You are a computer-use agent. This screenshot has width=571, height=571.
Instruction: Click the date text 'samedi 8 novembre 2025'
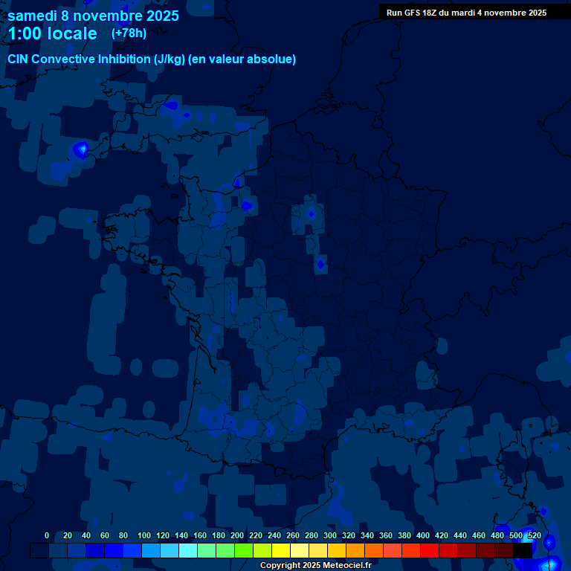tap(93, 16)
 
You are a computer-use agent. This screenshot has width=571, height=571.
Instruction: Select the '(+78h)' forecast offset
tap(129, 33)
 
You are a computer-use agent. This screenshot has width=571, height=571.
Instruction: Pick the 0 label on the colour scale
tap(47, 535)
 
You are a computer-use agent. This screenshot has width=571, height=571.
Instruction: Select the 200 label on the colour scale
tap(237, 535)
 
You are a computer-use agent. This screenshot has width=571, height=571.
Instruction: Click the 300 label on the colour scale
tap(330, 535)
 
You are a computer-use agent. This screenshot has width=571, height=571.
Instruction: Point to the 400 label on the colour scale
tap(423, 535)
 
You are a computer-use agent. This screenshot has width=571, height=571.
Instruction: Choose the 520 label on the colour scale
tap(534, 535)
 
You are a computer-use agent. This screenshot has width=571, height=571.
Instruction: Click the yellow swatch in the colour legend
tap(280, 550)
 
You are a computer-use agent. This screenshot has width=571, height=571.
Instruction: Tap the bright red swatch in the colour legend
tap(429, 550)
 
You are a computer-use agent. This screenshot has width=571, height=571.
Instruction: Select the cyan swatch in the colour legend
tap(188, 550)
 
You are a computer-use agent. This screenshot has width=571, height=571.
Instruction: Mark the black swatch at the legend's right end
tap(522, 550)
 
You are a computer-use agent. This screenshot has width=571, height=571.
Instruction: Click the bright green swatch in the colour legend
tap(244, 550)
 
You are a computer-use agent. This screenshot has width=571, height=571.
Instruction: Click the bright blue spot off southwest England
tap(80, 149)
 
